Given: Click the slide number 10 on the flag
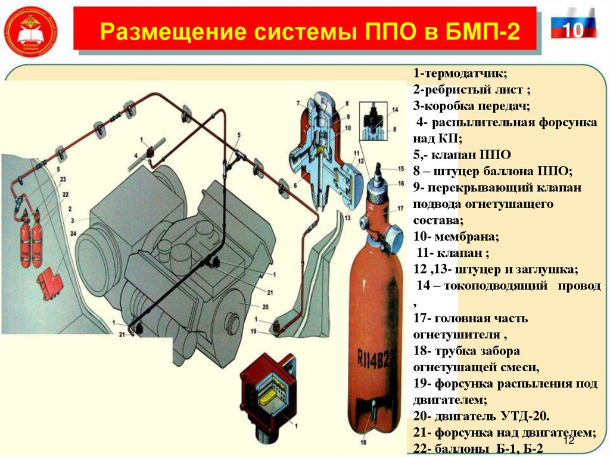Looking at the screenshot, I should coord(573,30).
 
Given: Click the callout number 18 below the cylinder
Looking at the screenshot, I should coord(363,443).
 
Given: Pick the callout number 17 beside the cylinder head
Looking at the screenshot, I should coord(401,209).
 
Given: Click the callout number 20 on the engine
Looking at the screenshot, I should coord(265,306).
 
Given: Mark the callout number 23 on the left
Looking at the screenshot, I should coord(63,179).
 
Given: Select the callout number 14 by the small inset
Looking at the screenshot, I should coord(394,111).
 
